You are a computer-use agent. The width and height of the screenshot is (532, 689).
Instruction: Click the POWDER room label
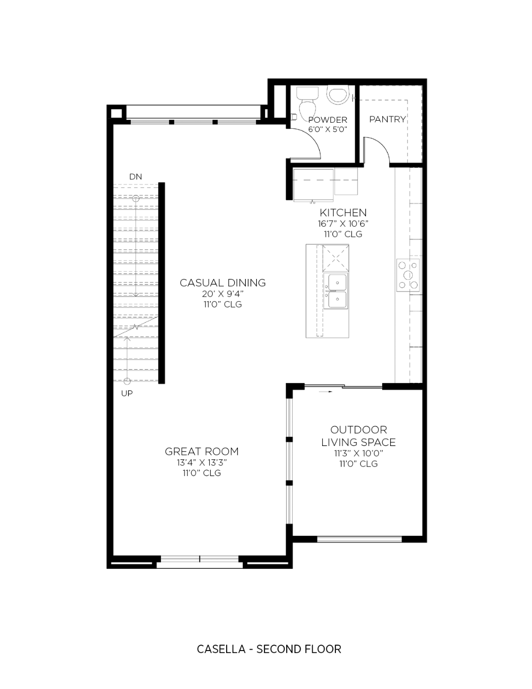pos(328,120)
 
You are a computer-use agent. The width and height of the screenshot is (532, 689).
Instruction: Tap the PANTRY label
pos(387,119)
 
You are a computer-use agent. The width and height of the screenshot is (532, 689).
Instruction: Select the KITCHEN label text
pos(343,213)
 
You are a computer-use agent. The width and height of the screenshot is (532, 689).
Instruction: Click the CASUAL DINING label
pos(223,283)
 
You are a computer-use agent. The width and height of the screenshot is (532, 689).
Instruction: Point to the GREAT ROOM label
pos(201,451)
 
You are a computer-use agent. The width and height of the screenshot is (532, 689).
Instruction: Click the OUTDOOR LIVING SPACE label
pos(358,436)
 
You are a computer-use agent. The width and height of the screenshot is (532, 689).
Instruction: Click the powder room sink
pos(338,95)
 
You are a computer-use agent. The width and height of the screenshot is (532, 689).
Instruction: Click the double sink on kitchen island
pos(336,291)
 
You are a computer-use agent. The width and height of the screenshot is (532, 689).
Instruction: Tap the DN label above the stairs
pos(135,176)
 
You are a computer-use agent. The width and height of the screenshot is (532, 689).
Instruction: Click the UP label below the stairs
pos(127,393)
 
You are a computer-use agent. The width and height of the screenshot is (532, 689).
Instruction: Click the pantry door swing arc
pos(378,148)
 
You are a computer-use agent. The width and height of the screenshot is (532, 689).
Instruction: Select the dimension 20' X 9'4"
pos(223,294)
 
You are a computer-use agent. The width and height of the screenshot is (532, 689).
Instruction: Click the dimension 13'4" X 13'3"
pos(201,463)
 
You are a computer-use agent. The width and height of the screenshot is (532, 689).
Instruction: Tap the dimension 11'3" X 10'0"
pos(358,453)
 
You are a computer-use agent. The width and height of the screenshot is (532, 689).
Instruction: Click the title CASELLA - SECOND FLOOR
pos(269,649)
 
